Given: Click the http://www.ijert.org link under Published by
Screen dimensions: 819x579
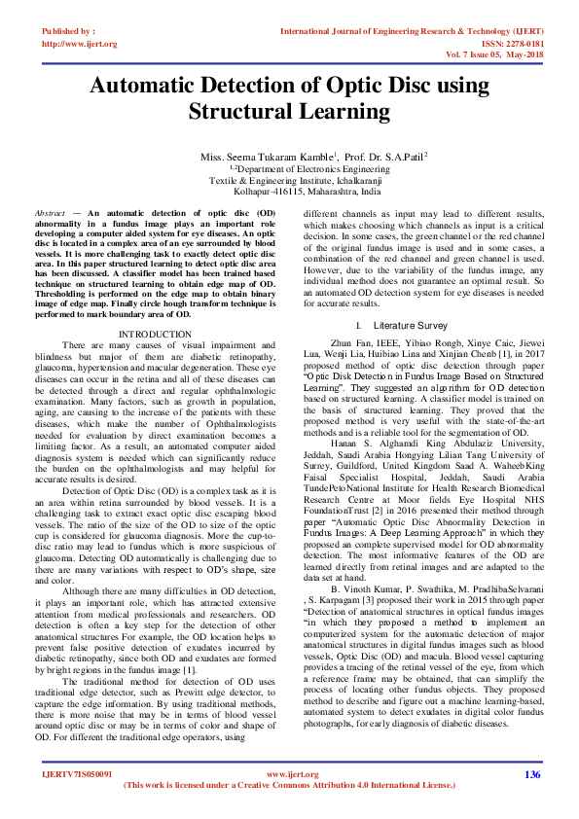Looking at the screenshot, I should click(x=80, y=44).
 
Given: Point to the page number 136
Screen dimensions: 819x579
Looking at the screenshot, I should click(x=531, y=774).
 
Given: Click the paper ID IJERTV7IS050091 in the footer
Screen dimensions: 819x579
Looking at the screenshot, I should click(x=77, y=775).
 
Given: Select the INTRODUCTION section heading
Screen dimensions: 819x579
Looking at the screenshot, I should click(x=161, y=334).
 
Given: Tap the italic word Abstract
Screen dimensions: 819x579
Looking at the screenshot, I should click(x=50, y=212).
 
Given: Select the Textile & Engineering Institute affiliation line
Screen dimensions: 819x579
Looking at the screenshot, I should click(x=289, y=180).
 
